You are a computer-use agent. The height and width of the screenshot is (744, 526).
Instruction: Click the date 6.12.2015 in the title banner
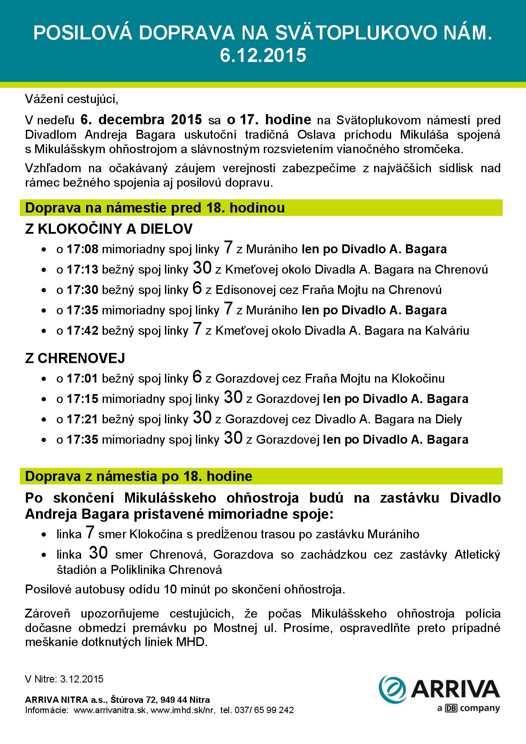(263, 56)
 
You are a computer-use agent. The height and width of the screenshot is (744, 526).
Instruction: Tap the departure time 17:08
(83, 249)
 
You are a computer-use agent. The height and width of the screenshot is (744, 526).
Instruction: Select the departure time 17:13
(83, 270)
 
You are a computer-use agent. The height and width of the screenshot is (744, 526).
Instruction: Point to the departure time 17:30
(83, 290)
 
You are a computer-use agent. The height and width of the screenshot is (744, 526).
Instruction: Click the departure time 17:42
(83, 331)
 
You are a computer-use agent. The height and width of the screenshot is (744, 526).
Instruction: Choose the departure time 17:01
(83, 378)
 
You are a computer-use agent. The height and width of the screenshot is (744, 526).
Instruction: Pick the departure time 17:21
(83, 420)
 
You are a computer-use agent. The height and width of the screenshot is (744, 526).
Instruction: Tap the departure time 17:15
(83, 399)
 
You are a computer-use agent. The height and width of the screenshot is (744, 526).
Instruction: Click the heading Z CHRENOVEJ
(75, 358)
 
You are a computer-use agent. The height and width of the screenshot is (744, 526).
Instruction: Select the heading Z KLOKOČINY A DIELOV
(109, 229)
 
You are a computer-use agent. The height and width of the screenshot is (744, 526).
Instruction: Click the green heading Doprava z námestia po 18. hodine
(139, 476)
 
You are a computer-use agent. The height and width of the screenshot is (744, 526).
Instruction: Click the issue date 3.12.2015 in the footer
(82, 679)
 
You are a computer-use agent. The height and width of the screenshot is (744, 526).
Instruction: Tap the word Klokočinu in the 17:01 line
(418, 378)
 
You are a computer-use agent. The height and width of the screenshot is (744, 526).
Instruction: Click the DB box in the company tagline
(451, 709)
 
